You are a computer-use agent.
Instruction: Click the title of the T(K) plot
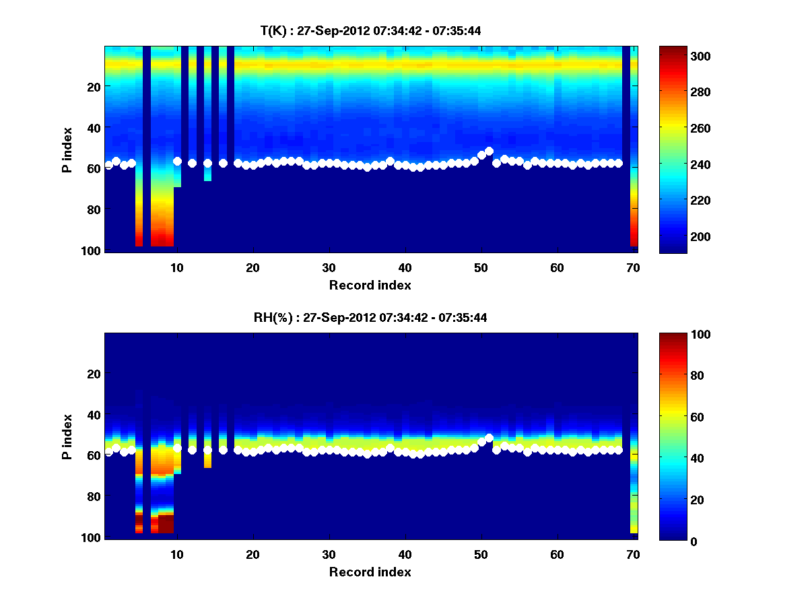point(370,30)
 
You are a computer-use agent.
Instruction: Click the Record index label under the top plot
point(370,285)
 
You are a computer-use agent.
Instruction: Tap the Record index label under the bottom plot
point(370,572)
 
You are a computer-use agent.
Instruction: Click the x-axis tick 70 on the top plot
point(633,267)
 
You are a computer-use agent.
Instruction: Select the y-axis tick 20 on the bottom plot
point(94,374)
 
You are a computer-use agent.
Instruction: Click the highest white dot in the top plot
point(489,151)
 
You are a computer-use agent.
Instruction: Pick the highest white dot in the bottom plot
point(489,438)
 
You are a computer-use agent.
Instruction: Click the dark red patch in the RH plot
point(166,523)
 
